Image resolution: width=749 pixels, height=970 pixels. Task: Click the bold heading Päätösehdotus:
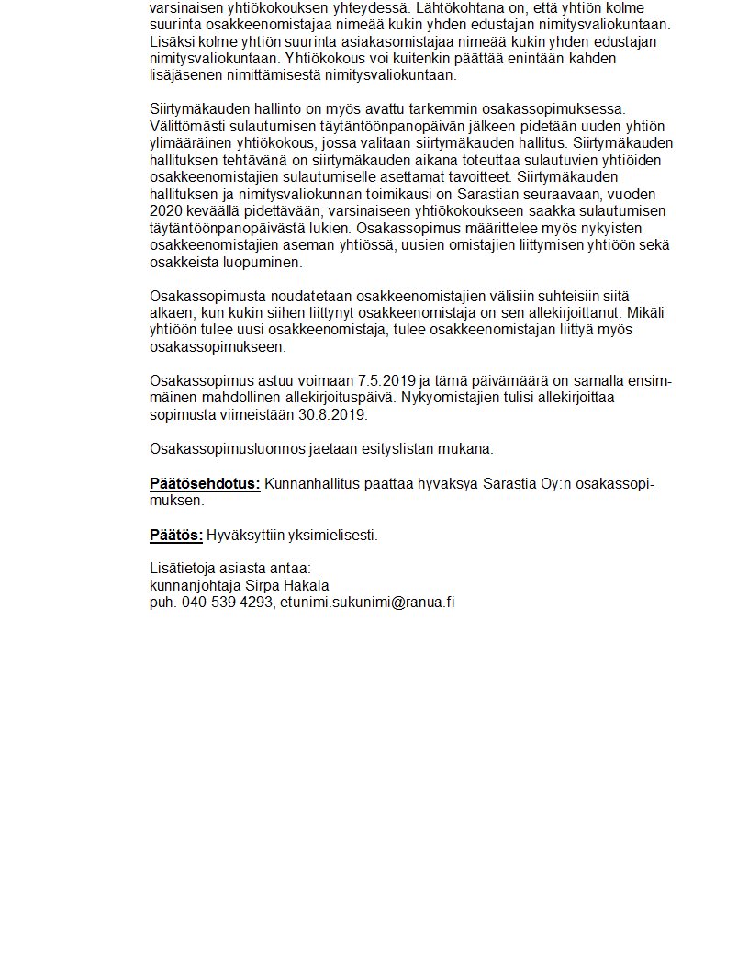click(205, 484)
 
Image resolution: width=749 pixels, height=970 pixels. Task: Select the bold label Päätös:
click(175, 535)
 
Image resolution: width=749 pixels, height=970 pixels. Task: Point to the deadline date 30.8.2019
click(334, 414)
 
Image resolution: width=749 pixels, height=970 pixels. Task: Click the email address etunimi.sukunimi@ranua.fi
click(368, 602)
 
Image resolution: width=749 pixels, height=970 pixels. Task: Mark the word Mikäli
click(655, 313)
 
